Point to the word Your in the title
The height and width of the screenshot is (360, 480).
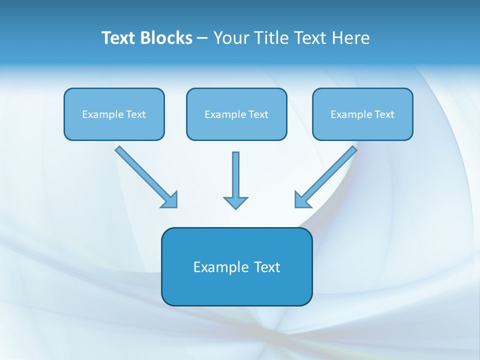[x=231, y=38]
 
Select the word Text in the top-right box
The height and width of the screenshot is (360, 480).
[x=384, y=114]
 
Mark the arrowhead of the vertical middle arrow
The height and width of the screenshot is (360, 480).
[x=235, y=202]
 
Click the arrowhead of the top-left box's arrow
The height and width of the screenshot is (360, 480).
[x=170, y=200]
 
